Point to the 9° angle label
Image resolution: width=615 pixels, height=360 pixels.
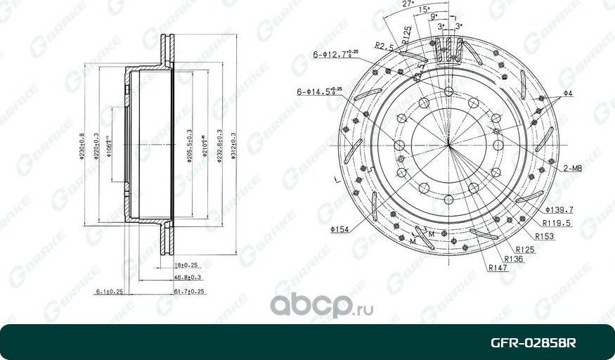click(434, 16)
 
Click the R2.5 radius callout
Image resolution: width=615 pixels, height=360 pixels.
click(383, 47)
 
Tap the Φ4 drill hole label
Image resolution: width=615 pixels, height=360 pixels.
click(568, 94)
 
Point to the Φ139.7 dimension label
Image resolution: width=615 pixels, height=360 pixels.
click(559, 210)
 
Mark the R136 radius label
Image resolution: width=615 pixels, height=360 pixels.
click(512, 259)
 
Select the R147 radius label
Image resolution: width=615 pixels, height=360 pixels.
click(499, 268)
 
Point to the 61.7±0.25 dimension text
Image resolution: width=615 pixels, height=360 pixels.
click(188, 291)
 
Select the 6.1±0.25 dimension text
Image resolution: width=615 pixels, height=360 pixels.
click(109, 291)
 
